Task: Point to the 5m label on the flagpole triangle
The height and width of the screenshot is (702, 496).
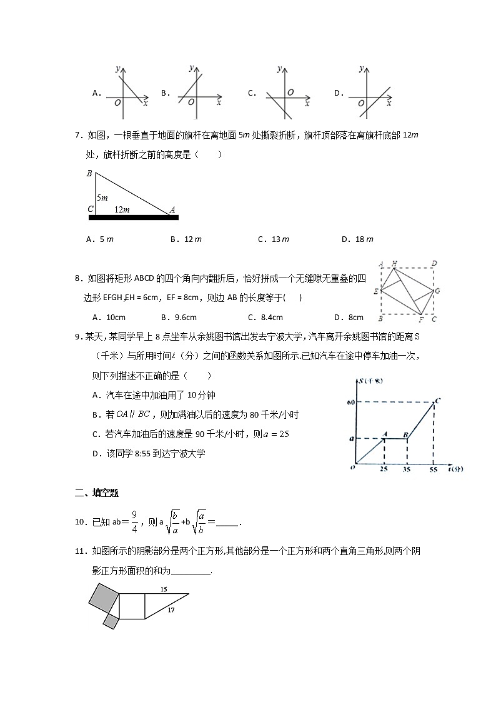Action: tap(102, 197)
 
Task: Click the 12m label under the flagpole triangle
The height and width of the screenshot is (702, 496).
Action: tap(122, 210)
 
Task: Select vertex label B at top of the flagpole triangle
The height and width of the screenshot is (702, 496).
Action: tap(89, 173)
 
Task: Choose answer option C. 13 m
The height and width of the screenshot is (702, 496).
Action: tap(274, 239)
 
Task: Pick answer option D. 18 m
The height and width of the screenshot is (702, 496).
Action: tap(357, 239)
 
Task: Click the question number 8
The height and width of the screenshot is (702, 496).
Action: tap(78, 278)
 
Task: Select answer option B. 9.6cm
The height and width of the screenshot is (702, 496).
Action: tap(179, 317)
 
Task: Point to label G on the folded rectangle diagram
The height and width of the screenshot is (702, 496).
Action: tap(437, 291)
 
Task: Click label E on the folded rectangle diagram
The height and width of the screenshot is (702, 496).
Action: tap(375, 292)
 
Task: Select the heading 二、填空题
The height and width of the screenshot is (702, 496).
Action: tap(96, 493)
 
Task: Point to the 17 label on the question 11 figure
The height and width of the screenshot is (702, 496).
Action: tap(171, 611)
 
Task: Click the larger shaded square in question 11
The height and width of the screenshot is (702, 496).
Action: tap(103, 598)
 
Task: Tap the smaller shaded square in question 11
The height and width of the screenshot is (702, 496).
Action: tap(111, 621)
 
